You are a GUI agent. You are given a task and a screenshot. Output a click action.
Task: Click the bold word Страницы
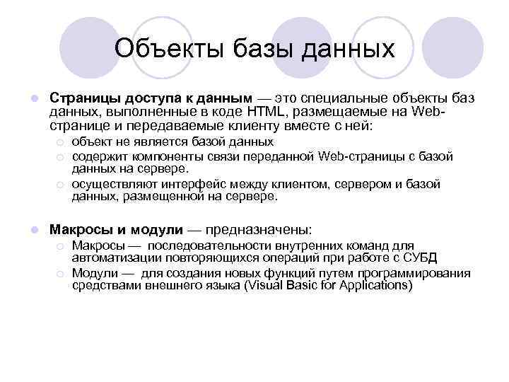coord(78,97)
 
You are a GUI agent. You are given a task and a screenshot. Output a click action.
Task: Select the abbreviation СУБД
coord(421,257)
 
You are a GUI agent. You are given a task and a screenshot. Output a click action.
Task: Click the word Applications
coord(375,286)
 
